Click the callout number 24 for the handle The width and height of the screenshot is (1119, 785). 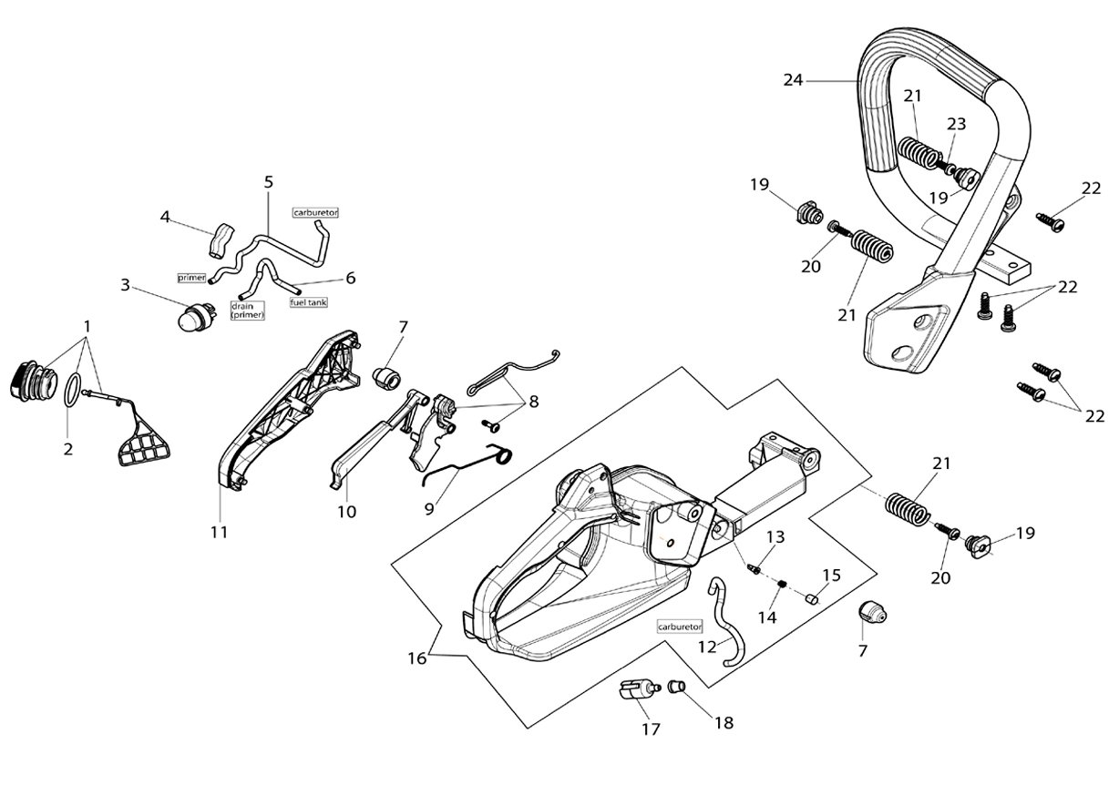793,80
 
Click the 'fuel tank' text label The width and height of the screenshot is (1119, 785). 309,302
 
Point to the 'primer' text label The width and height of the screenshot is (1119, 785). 192,278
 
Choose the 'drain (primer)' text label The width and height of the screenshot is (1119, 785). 247,311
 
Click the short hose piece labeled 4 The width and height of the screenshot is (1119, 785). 221,241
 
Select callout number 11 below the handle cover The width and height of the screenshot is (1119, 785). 219,533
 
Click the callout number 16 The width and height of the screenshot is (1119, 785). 417,658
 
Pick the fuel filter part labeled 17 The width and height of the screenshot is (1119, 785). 639,689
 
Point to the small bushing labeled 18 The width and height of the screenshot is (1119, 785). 677,687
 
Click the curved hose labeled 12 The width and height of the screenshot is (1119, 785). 725,624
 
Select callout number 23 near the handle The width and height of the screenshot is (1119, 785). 956,124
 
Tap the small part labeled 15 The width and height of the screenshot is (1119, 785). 813,598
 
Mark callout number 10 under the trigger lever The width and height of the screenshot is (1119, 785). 346,512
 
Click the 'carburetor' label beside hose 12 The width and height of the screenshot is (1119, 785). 680,627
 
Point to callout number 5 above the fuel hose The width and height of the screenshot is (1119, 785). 269,182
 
